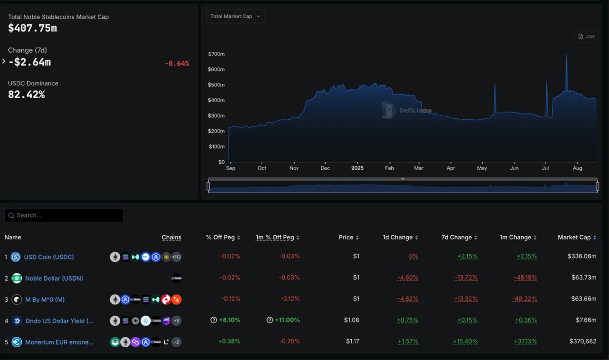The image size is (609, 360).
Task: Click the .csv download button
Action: coord(586,36)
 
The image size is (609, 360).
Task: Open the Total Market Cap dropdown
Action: coord(235,16)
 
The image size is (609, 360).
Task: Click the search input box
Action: coord(64,216)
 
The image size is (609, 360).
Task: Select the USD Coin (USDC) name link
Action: coord(49,257)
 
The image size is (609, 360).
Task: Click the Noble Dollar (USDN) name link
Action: coord(54,278)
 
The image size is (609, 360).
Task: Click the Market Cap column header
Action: coord(574,237)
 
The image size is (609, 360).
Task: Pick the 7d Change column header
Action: coord(457,237)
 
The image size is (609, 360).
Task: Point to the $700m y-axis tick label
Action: coord(217,54)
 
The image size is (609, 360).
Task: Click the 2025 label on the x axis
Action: coord(357,168)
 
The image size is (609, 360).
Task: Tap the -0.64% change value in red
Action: coord(177,64)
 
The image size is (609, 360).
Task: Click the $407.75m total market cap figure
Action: coord(33,29)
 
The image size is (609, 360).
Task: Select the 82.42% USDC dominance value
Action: coord(27,95)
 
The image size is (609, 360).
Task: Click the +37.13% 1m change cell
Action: coord(526,341)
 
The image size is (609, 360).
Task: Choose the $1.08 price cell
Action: coord(351,320)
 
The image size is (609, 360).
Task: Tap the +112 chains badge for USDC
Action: coord(176,257)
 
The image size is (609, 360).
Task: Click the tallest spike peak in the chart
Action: coord(567,55)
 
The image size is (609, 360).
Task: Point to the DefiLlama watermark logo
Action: coord(389,110)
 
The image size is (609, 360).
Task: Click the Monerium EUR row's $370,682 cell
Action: coord(582,341)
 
